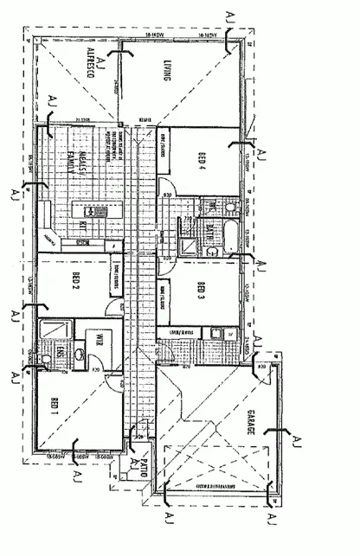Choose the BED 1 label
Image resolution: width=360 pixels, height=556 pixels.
tap(55, 406)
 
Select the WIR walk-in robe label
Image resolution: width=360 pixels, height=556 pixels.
tap(99, 338)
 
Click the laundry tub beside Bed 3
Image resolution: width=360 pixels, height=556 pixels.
tap(216, 334)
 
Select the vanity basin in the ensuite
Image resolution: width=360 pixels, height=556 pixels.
tap(79, 353)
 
